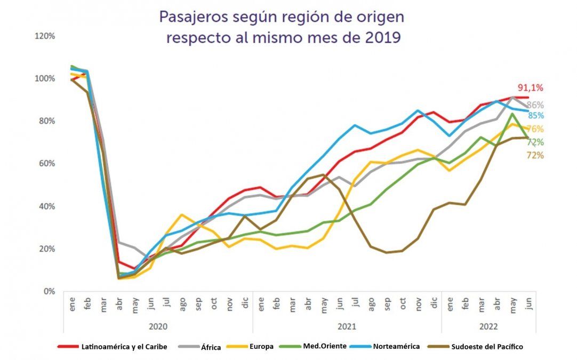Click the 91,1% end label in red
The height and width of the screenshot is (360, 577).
tap(530, 88)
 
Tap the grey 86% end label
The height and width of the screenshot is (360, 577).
tap(535, 105)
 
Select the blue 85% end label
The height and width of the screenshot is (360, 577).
tap(536, 116)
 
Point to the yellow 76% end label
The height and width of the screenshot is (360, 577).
tap(535, 129)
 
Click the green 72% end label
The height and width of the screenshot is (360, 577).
tap(535, 142)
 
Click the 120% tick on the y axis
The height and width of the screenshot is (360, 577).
tap(45, 36)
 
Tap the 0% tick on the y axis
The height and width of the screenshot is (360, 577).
tap(50, 291)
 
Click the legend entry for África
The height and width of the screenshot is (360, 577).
tap(208, 347)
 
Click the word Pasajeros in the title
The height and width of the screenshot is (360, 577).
tap(194, 18)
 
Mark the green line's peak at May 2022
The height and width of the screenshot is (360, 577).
tap(512, 113)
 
